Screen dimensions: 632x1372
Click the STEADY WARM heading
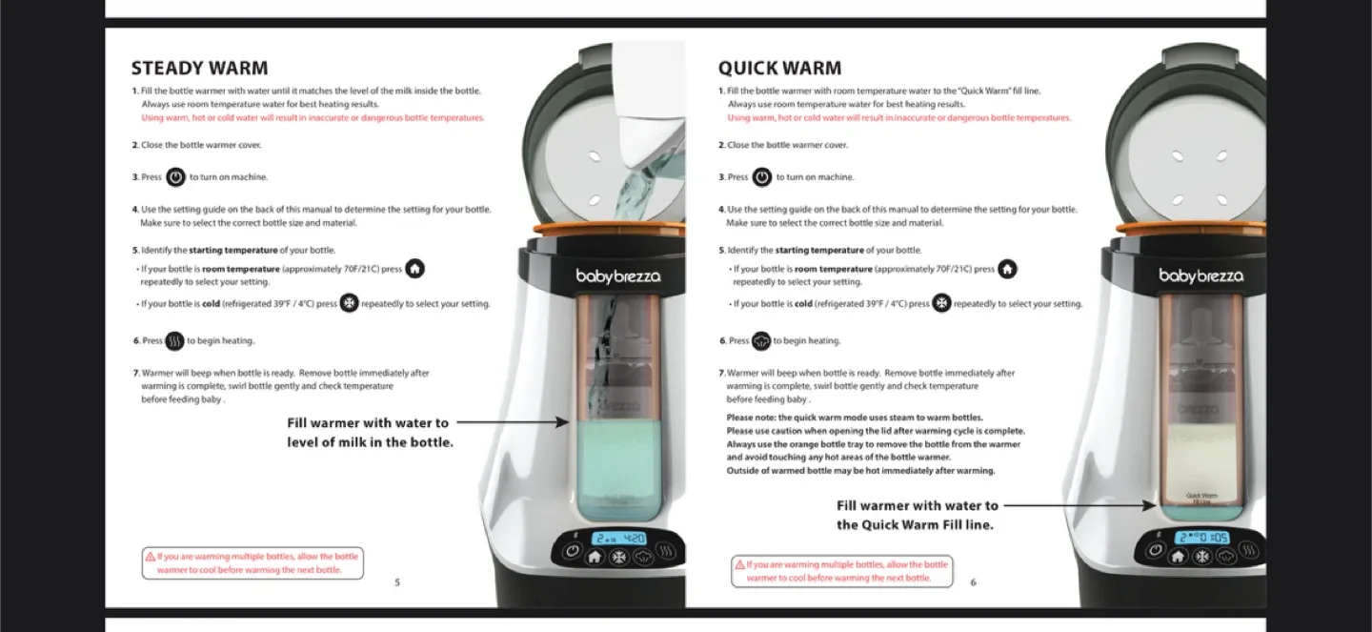pyautogui.click(x=199, y=69)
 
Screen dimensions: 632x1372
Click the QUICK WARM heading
pyautogui.click(x=779, y=69)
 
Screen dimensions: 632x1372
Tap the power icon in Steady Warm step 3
pyautogui.click(x=175, y=177)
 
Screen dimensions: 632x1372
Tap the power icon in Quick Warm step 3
pyautogui.click(x=762, y=177)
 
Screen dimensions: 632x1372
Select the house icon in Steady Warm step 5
pyautogui.click(x=414, y=269)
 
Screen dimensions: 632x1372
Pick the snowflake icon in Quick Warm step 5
pyautogui.click(x=941, y=304)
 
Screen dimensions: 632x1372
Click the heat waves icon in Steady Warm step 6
pyautogui.click(x=174, y=341)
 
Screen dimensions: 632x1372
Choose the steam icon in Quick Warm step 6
pyautogui.click(x=761, y=341)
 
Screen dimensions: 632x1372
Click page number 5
pyautogui.click(x=397, y=582)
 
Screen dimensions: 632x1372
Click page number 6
pyautogui.click(x=973, y=582)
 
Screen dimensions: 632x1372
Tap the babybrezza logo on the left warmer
pyautogui.click(x=617, y=276)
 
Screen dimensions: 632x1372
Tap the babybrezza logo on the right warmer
pyautogui.click(x=1200, y=276)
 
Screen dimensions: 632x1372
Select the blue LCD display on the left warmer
pyautogui.click(x=619, y=538)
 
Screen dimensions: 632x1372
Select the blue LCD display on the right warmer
pyautogui.click(x=1200, y=538)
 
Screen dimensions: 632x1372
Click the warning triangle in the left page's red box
pyautogui.click(x=151, y=557)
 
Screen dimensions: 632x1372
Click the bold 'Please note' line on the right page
pyautogui.click(x=854, y=418)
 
